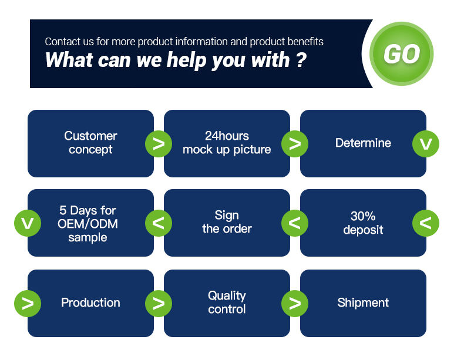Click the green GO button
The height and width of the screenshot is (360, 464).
(402, 54)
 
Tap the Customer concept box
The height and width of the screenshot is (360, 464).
(90, 143)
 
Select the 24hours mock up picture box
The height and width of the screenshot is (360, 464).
(227, 143)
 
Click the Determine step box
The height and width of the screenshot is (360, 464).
(363, 143)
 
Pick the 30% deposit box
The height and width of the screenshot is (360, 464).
(363, 223)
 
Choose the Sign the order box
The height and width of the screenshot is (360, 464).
(227, 223)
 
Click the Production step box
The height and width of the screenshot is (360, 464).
(90, 303)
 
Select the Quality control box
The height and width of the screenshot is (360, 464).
(227, 303)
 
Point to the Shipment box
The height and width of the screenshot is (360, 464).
(363, 303)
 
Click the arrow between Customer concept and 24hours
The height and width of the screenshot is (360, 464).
(159, 143)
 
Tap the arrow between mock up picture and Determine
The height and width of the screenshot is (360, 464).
(295, 143)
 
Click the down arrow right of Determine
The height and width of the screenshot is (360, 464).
(426, 143)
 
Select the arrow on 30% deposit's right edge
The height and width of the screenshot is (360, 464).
(426, 223)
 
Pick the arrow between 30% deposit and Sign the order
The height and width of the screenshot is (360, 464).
(295, 223)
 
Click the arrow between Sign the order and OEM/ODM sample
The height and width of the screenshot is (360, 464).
(159, 223)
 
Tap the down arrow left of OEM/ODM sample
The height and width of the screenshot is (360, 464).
(28, 223)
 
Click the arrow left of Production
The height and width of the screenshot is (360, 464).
(28, 303)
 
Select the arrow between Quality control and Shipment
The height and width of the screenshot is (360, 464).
(295, 303)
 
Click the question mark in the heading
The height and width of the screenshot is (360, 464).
(301, 60)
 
